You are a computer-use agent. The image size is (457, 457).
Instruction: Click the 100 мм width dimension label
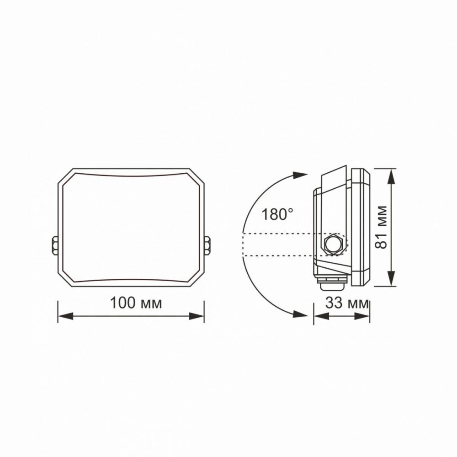pos(136,303)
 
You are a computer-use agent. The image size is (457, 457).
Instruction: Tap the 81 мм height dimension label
pos(381,227)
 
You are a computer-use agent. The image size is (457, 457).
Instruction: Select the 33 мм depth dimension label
pos(347,303)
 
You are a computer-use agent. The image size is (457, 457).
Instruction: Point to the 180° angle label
pos(277,214)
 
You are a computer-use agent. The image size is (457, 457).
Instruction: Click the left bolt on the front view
pos(54,246)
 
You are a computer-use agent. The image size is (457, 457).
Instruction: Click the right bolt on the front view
pos(207,246)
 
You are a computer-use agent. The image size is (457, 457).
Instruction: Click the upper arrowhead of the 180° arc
pos(300,175)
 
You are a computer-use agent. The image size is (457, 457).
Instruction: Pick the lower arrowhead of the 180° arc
pos(300,314)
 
